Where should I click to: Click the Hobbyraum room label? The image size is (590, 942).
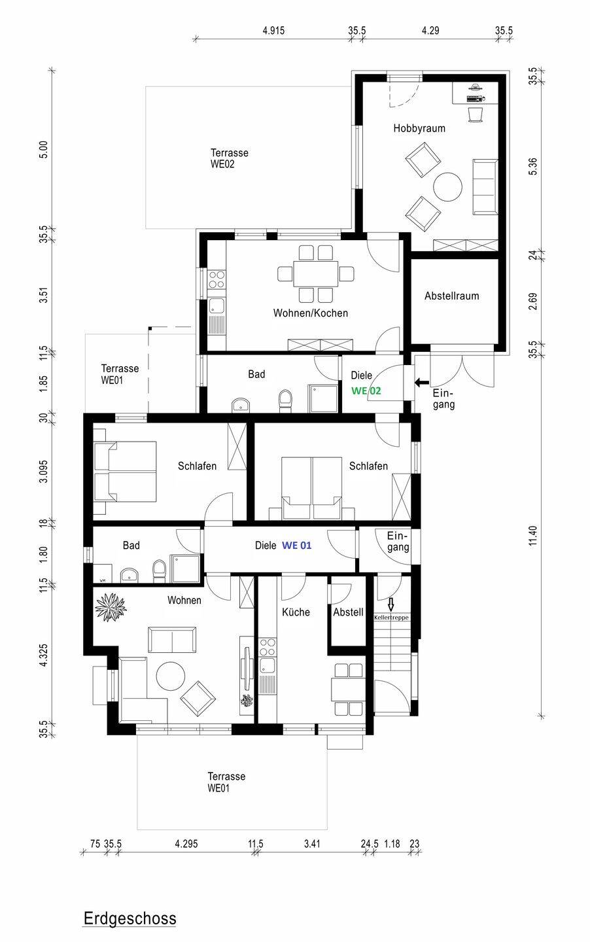tap(419, 128)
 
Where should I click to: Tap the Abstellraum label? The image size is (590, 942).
tap(451, 296)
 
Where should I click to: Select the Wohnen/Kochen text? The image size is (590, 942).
tap(311, 313)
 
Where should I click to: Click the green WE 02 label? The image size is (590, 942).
tap(366, 391)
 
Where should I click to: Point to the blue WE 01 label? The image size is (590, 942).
tap(296, 546)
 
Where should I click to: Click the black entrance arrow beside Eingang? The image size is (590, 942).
tap(422, 383)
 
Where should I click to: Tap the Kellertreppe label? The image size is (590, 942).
tap(391, 618)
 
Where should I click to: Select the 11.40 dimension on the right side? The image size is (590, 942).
tap(533, 536)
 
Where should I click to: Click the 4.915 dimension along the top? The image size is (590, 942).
tap(274, 31)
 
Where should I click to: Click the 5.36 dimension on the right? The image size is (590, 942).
tap(533, 167)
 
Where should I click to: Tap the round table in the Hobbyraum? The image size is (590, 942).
tap(448, 187)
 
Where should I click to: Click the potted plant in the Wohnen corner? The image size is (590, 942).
tap(111, 607)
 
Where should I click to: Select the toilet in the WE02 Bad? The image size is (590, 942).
tap(286, 400)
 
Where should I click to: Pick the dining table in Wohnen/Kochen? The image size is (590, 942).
tap(316, 273)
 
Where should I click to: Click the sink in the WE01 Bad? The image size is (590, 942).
tap(129, 574)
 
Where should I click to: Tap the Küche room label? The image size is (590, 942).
tap(296, 612)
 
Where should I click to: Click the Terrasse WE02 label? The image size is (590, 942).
tap(229, 158)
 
